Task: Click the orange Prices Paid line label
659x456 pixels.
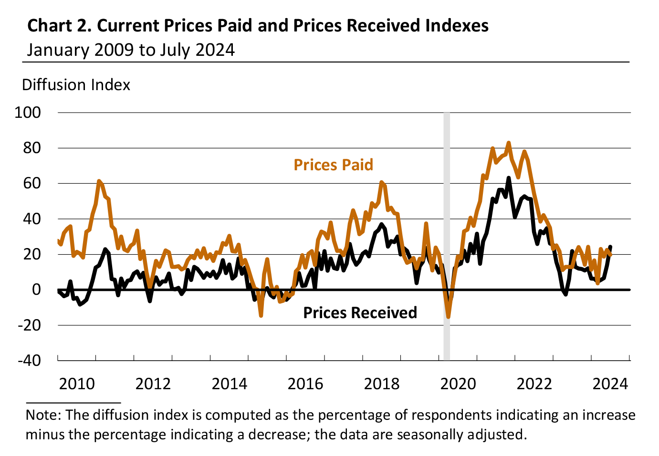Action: (x=333, y=165)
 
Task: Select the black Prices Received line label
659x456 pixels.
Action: (x=360, y=313)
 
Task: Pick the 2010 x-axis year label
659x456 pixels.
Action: (x=77, y=383)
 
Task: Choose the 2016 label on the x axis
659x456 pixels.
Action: (x=305, y=383)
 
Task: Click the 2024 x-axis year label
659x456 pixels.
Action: (x=610, y=383)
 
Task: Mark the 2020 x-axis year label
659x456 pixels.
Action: (x=458, y=383)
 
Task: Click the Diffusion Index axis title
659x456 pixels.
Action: (x=76, y=85)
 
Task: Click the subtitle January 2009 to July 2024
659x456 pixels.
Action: (x=131, y=50)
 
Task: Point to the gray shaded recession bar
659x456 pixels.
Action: (x=447, y=215)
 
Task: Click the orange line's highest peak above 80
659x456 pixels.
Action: (x=509, y=143)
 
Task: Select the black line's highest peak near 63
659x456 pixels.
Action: (x=509, y=178)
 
